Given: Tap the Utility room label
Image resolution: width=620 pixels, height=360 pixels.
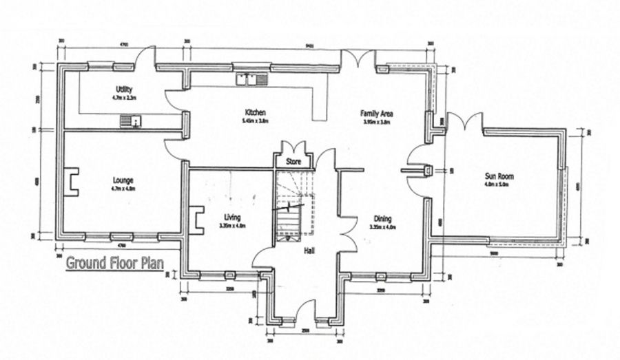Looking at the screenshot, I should (x=124, y=89).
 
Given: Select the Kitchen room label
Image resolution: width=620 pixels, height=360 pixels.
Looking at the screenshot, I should (x=255, y=112).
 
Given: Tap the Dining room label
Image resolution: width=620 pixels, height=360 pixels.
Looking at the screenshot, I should (x=382, y=218).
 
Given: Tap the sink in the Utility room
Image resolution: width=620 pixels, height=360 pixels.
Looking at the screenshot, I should (x=130, y=121).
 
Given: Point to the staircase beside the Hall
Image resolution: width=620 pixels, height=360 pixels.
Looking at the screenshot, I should (x=291, y=206).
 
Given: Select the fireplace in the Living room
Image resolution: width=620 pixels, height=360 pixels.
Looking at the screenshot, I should (x=197, y=220).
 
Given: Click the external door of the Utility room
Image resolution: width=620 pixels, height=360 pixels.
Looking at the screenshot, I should (x=145, y=58).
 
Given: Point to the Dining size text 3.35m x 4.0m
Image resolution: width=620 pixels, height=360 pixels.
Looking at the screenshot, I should (x=382, y=226).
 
